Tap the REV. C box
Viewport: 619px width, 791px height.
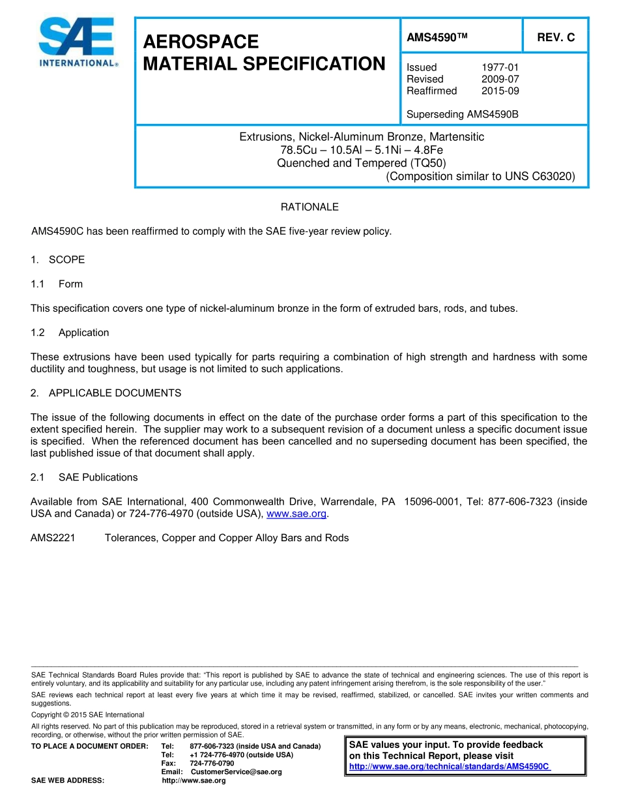(x=555, y=38)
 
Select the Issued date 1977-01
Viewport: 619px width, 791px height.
(x=500, y=67)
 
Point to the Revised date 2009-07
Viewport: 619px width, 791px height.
(x=500, y=79)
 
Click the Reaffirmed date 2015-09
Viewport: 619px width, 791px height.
(x=500, y=91)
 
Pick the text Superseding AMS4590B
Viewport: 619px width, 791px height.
(x=462, y=115)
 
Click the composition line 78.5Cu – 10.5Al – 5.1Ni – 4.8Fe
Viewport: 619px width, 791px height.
(x=362, y=150)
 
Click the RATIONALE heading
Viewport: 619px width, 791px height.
(x=309, y=207)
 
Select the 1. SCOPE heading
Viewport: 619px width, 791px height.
(x=58, y=260)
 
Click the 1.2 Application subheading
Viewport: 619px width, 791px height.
(x=70, y=333)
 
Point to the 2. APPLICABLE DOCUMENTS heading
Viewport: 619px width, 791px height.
(x=106, y=393)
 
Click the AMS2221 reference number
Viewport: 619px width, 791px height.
(x=53, y=538)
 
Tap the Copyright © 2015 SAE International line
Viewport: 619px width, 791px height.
(x=88, y=715)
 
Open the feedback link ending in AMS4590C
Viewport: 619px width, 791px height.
(x=450, y=766)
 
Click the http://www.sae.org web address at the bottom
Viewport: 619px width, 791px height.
(x=194, y=781)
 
